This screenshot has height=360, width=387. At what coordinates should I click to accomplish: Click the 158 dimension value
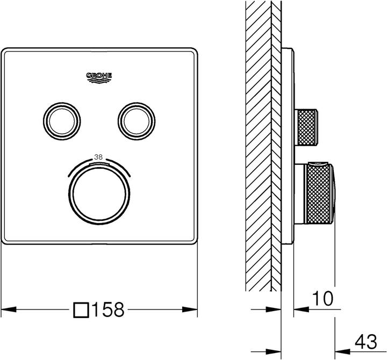click(109, 309)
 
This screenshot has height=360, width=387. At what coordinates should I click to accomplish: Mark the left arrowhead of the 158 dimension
click(8, 309)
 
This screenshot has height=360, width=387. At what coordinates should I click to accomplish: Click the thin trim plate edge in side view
click(291, 145)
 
